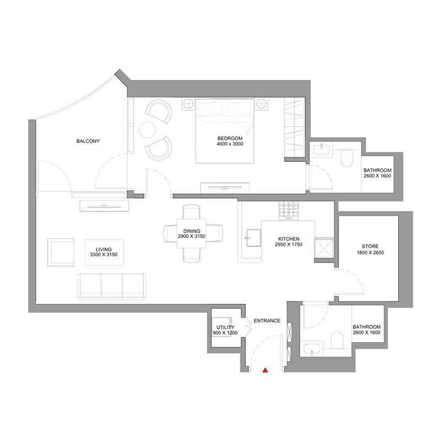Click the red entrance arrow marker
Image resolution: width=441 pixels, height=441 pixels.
[x=265, y=371]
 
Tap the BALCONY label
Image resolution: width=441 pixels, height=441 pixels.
[x=88, y=141]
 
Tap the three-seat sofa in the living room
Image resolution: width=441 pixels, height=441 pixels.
[x=112, y=284]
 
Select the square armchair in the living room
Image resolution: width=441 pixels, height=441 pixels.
[x=61, y=251]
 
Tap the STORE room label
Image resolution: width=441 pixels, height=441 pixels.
[x=369, y=246]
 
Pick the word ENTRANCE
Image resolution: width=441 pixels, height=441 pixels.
[x=267, y=321]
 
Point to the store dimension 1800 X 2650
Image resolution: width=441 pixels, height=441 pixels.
[x=369, y=253]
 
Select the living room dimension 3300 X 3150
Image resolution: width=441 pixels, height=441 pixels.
[x=104, y=255]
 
